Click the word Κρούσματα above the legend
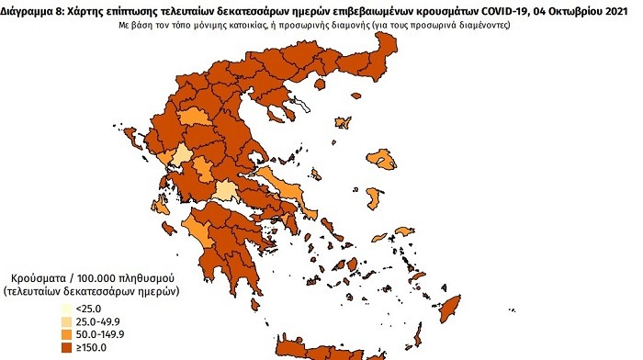point(43,276)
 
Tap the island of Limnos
point(345,122)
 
